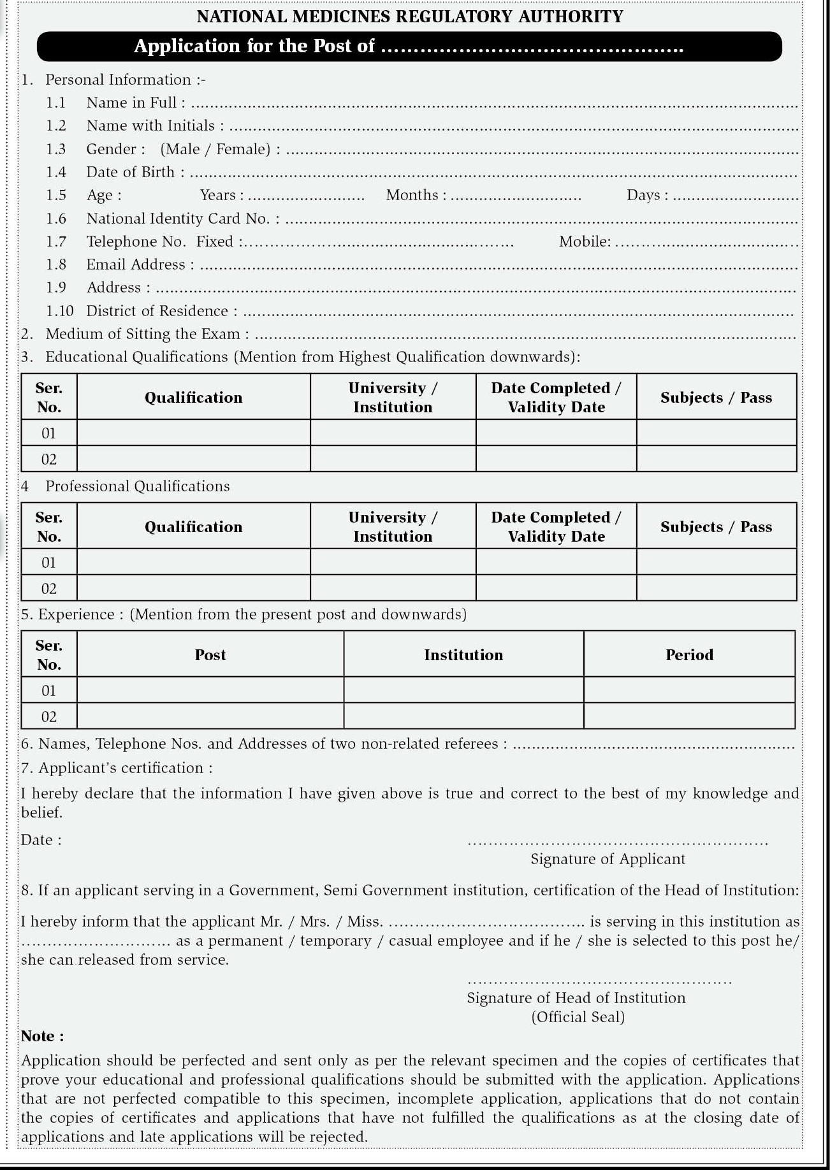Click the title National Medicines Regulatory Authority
coord(410,17)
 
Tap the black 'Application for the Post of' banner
coord(409,47)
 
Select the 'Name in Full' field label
coord(136,103)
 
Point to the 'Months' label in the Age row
coord(416,195)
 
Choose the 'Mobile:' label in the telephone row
coord(585,242)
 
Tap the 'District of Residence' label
coord(161,311)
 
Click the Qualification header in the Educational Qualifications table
coord(193,398)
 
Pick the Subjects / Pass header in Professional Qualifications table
coord(716,527)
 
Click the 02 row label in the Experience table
coord(49,717)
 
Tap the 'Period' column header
coord(689,655)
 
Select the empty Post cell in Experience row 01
coord(210,691)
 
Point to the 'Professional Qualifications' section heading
coord(137,486)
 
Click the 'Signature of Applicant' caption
coord(608,859)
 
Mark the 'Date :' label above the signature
coord(41,840)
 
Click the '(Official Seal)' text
coord(578,1017)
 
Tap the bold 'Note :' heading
coord(43,1036)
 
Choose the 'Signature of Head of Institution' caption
coord(576,998)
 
